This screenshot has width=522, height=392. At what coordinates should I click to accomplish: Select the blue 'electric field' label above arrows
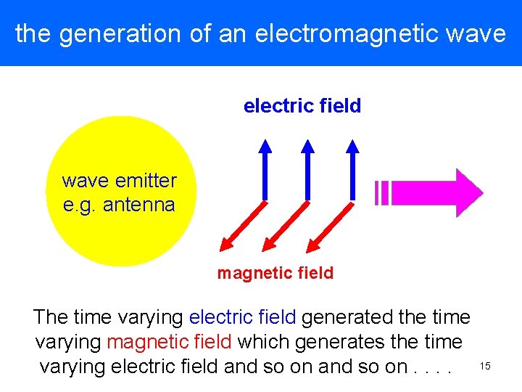pyautogui.click(x=302, y=106)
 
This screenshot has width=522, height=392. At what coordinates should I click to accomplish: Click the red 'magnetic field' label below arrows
pyautogui.click(x=275, y=273)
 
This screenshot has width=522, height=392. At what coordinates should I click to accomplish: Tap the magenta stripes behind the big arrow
pyautogui.click(x=382, y=193)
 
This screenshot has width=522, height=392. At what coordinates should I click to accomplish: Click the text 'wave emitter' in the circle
pyautogui.click(x=120, y=180)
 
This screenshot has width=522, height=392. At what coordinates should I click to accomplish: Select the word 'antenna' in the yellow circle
pyautogui.click(x=138, y=205)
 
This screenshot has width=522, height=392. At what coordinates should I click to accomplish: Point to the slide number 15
pyautogui.click(x=485, y=367)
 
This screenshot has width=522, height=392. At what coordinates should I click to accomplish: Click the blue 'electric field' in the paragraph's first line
pyautogui.click(x=242, y=317)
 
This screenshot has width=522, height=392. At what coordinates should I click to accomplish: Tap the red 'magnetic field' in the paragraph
pyautogui.click(x=169, y=342)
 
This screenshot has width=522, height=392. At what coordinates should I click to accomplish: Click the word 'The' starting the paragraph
pyautogui.click(x=50, y=317)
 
